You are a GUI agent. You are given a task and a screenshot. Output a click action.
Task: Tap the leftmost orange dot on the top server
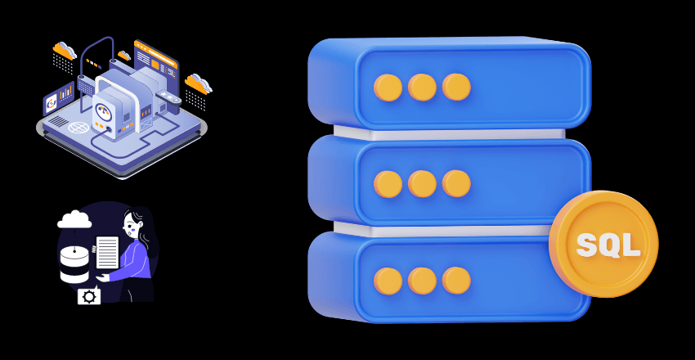388,87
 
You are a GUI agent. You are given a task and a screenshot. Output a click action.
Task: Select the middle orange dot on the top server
422,87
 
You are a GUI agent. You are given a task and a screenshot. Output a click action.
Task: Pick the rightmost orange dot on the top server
456,87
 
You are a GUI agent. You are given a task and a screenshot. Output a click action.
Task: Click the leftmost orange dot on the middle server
388,184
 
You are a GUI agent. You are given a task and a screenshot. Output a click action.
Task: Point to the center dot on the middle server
422,184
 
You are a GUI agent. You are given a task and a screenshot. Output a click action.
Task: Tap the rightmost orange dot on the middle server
456,184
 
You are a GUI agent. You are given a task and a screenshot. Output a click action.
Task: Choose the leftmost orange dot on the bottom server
388,281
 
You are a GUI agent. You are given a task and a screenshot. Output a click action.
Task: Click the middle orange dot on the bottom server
422,281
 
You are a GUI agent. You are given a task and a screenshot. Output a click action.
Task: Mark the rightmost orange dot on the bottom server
456,281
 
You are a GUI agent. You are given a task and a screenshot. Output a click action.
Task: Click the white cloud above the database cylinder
74,218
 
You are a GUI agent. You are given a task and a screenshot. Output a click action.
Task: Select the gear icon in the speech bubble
88,296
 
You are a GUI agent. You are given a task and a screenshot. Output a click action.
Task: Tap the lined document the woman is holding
107,253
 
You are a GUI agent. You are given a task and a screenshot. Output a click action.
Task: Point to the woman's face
131,225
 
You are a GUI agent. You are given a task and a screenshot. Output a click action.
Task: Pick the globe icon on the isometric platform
78,128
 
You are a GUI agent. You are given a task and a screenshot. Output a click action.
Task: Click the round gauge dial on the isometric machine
108,107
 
